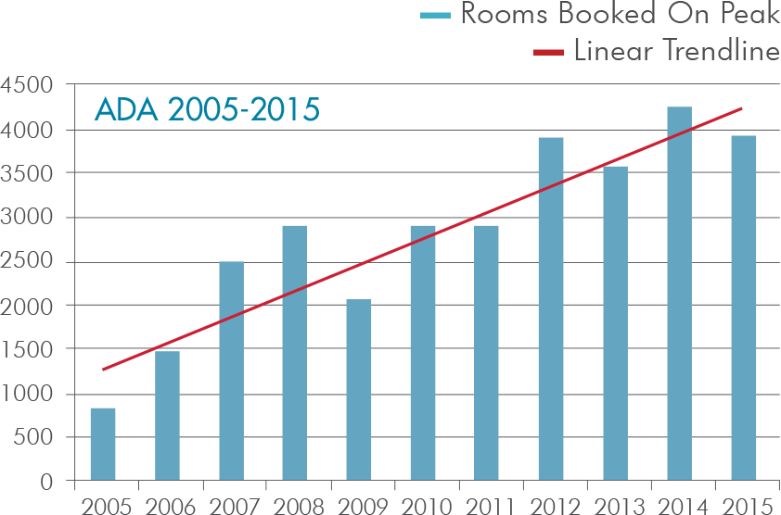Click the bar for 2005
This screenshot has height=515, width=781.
pyautogui.click(x=103, y=445)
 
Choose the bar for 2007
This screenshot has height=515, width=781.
pyautogui.click(x=231, y=371)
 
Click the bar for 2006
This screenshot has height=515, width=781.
pyautogui.click(x=167, y=416)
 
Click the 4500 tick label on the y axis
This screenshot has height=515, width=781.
pyautogui.click(x=27, y=86)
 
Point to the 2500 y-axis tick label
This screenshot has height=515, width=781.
pyautogui.click(x=27, y=262)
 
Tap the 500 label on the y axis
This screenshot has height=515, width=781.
pyautogui.click(x=33, y=438)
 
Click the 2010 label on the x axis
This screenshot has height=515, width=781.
pyautogui.click(x=423, y=505)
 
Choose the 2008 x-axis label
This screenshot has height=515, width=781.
pyautogui.click(x=295, y=505)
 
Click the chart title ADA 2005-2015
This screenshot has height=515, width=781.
pyautogui.click(x=207, y=109)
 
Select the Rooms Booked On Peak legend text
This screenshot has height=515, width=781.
pyautogui.click(x=620, y=16)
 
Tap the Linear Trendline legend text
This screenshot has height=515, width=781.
pyautogui.click(x=676, y=51)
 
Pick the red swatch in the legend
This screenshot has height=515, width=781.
pyautogui.click(x=548, y=52)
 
